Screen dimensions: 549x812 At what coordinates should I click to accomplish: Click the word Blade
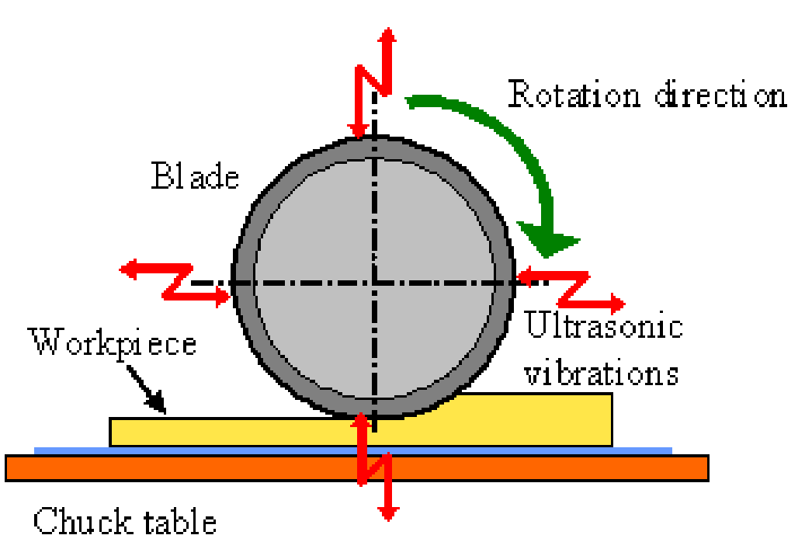pos(195,176)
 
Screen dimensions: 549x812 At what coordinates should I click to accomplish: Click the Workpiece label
pos(113,341)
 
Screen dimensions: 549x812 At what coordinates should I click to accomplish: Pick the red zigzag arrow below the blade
pos(373,466)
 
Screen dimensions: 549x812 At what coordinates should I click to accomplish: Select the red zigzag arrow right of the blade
pos(571,288)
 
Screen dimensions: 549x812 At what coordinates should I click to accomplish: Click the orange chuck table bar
pos(356,467)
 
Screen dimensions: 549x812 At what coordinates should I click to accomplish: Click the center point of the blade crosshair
pos(373,281)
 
